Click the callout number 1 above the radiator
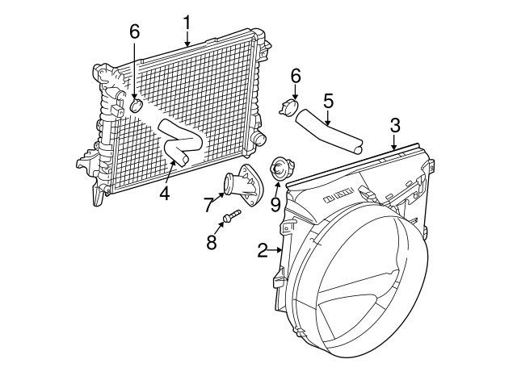pyautogui.click(x=187, y=23)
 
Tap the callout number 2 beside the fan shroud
pyautogui.click(x=263, y=251)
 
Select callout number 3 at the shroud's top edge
pyautogui.click(x=395, y=126)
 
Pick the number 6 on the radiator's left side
pyautogui.click(x=135, y=31)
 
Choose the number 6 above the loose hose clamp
pyautogui.click(x=296, y=76)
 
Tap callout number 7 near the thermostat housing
pyautogui.click(x=209, y=204)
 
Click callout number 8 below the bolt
pyautogui.click(x=212, y=242)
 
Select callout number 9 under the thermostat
pyautogui.click(x=275, y=204)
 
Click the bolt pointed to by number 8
pyautogui.click(x=232, y=215)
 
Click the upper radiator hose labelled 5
pyautogui.click(x=329, y=132)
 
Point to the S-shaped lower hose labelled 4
pyautogui.click(x=180, y=143)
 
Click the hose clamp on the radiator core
pyautogui.click(x=136, y=106)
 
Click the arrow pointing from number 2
pyautogui.click(x=275, y=251)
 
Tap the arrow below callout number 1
pyautogui.click(x=187, y=39)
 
